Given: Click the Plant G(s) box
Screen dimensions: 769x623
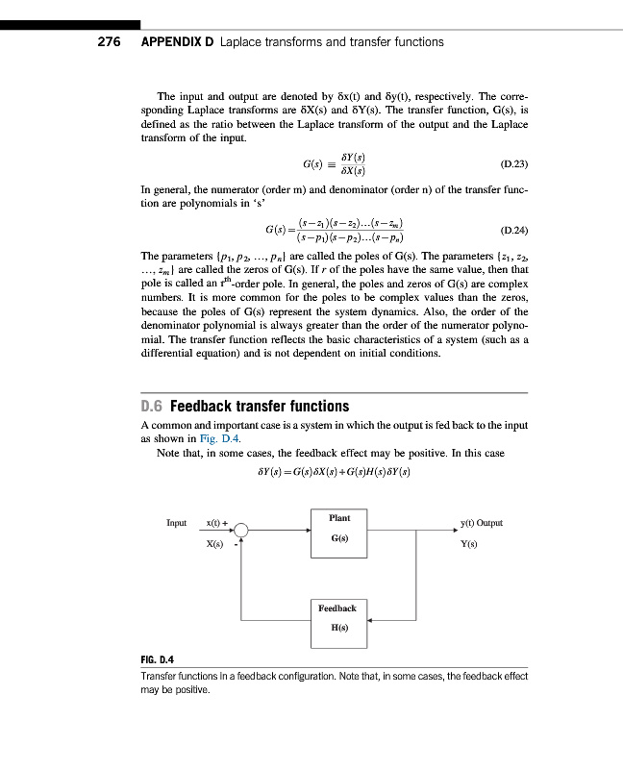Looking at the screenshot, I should tap(339, 529).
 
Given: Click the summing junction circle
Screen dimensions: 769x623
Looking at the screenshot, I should tap(242, 530).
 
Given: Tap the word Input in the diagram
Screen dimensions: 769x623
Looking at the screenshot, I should tap(176, 523).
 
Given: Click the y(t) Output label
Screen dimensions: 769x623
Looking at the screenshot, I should tap(483, 523).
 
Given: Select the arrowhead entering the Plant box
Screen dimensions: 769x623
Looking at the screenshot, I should tap(307, 529).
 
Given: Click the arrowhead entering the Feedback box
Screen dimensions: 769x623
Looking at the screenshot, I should tap(371, 620).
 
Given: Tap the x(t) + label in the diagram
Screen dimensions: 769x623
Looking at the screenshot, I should tap(216, 523).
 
